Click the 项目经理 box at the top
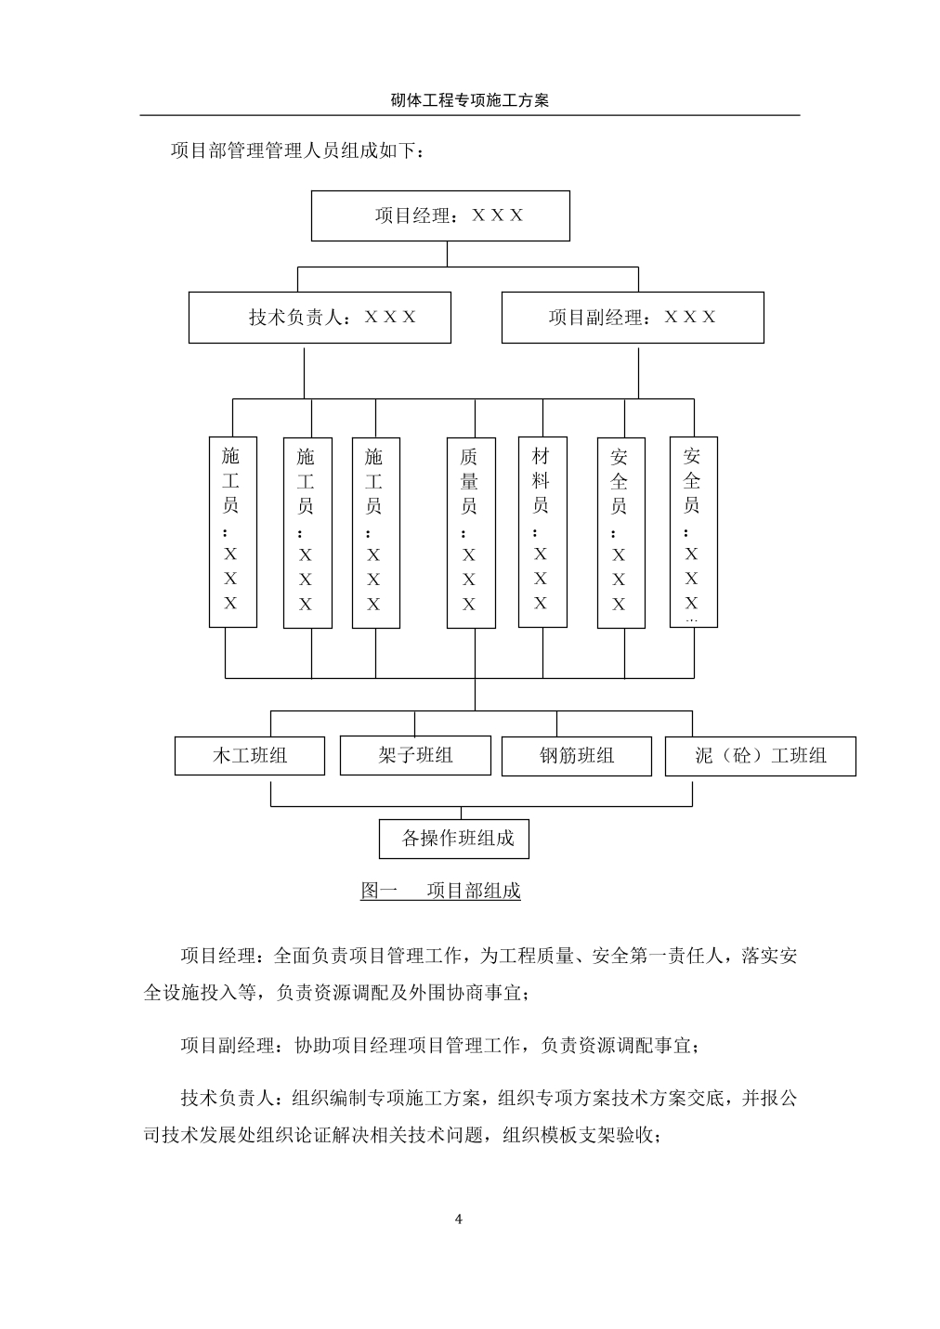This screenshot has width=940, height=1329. pyautogui.click(x=440, y=216)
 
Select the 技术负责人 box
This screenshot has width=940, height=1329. pyautogui.click(x=320, y=318)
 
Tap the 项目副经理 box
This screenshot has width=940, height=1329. pyautogui.click(x=633, y=318)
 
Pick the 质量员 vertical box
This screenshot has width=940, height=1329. pyautogui.click(x=471, y=533)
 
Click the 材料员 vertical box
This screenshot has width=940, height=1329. pyautogui.click(x=542, y=532)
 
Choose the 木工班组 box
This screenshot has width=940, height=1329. pyautogui.click(x=250, y=756)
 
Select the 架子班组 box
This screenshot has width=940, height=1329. pyautogui.click(x=415, y=756)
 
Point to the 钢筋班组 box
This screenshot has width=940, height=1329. pyautogui.click(x=577, y=756)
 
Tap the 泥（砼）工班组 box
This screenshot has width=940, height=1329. pyautogui.click(x=760, y=756)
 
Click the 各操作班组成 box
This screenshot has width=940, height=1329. pyautogui.click(x=454, y=839)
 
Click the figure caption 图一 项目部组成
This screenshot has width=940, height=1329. pyautogui.click(x=440, y=891)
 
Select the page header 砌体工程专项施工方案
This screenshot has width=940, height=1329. pyautogui.click(x=469, y=100)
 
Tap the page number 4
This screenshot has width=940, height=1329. pyautogui.click(x=458, y=1219)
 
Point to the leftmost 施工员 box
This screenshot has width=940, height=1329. pyautogui.click(x=232, y=532)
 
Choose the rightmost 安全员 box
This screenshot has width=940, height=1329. pyautogui.click(x=694, y=532)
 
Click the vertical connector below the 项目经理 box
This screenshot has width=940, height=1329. pyautogui.click(x=447, y=254)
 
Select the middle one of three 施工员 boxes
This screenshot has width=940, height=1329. pyautogui.click(x=307, y=533)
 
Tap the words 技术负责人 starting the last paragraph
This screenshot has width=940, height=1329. pyautogui.click(x=228, y=1098)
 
